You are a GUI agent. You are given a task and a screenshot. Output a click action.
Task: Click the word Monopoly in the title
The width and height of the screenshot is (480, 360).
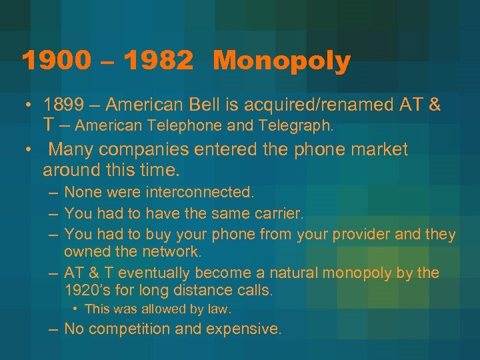tap(282, 62)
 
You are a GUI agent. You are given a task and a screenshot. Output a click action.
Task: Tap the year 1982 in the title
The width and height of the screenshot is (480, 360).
tap(158, 62)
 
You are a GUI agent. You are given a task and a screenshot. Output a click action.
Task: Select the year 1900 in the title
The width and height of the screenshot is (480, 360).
tap(55, 62)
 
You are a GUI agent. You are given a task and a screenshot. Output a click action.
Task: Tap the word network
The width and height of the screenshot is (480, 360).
tap(172, 251)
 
